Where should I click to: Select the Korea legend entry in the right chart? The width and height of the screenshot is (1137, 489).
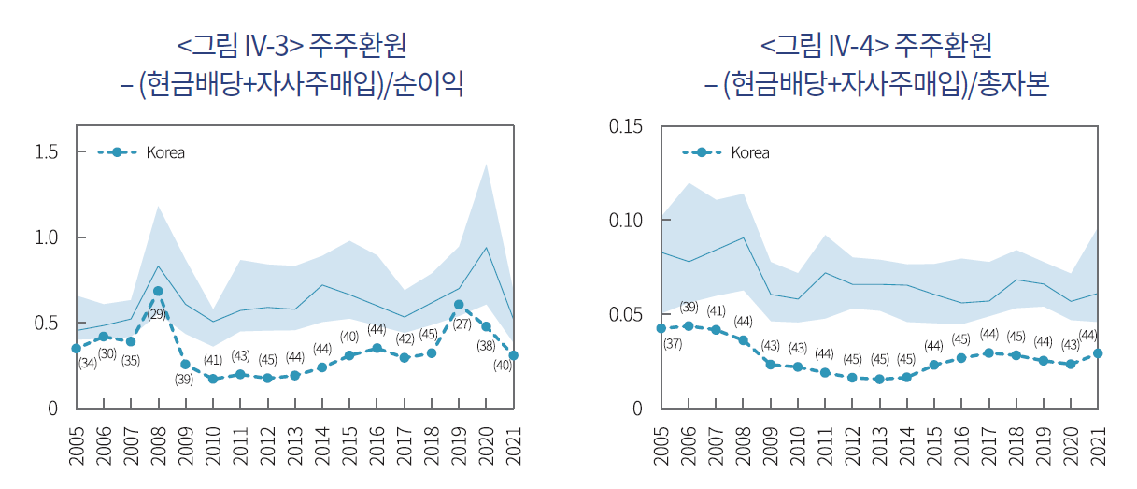[x=727, y=152]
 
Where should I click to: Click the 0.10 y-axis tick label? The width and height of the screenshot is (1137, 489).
[x=626, y=221]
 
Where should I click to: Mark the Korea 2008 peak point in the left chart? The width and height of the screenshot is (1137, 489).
[x=158, y=291]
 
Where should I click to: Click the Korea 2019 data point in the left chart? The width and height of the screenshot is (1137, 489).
[x=459, y=305]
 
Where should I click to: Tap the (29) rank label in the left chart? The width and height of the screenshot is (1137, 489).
[x=157, y=314]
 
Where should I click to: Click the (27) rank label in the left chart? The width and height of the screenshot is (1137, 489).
[x=462, y=324]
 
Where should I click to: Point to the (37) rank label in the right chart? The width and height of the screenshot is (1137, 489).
[x=673, y=344]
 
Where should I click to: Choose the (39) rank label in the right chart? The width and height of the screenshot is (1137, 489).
[x=689, y=307]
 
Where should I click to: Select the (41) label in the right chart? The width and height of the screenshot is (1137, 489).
[x=717, y=310]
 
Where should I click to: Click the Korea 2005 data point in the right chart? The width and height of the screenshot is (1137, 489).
[x=661, y=328]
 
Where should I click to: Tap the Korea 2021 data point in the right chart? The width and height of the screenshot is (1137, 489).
[x=1099, y=353]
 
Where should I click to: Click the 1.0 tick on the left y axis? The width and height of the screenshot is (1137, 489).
[x=46, y=237]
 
